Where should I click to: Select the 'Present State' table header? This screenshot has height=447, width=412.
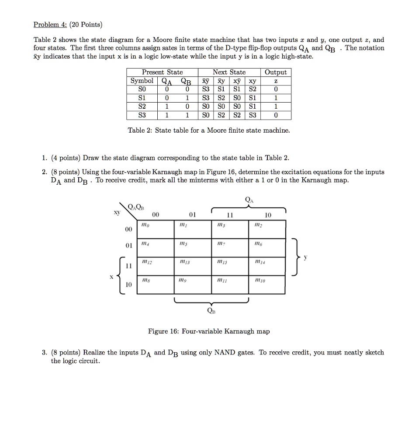[x=162, y=72]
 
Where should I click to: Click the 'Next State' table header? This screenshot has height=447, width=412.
[x=229, y=72]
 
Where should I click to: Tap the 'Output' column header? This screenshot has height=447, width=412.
[x=276, y=72]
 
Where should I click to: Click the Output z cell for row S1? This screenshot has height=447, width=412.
[x=276, y=98]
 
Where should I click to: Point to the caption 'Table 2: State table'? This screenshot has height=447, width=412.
[x=208, y=130]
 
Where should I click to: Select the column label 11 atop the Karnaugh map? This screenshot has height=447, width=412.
[x=230, y=215]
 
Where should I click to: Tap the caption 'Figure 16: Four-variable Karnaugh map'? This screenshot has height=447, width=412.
[x=209, y=331]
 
